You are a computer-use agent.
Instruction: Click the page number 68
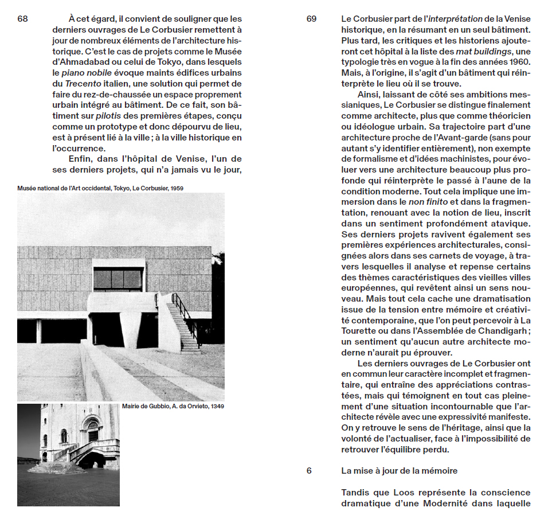coord(22,19)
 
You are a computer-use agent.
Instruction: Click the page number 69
coord(311,19)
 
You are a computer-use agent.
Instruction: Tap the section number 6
coord(309,471)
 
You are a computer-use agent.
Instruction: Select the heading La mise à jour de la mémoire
coord(400,471)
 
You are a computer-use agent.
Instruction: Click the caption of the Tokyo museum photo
coord(100,188)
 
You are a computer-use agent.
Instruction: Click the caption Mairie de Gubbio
coord(173,407)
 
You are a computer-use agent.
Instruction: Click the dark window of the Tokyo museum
coord(118,279)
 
